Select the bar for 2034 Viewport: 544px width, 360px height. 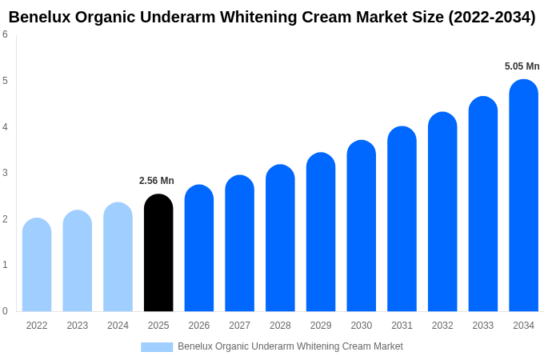point(523,195)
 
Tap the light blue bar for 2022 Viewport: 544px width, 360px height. point(37,265)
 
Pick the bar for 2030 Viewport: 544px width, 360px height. point(361,226)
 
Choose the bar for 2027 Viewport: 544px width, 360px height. point(239,243)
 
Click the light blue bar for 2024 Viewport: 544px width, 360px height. point(118,257)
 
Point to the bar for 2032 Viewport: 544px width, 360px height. point(442,212)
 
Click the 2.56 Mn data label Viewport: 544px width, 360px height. point(157,181)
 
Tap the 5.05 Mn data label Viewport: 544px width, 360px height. point(522,66)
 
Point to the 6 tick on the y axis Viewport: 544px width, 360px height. point(5,34)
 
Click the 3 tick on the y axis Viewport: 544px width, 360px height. point(5,173)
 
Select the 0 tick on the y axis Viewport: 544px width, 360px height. point(5,311)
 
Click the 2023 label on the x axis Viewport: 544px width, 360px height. point(78,326)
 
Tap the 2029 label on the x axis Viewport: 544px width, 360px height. point(321,326)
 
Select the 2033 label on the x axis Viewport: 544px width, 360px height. point(483,326)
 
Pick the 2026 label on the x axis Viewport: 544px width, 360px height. point(199,326)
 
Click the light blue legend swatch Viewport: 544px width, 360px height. point(157,347)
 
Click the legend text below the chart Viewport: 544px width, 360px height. point(290,346)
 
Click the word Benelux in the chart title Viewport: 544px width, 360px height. point(38,17)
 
